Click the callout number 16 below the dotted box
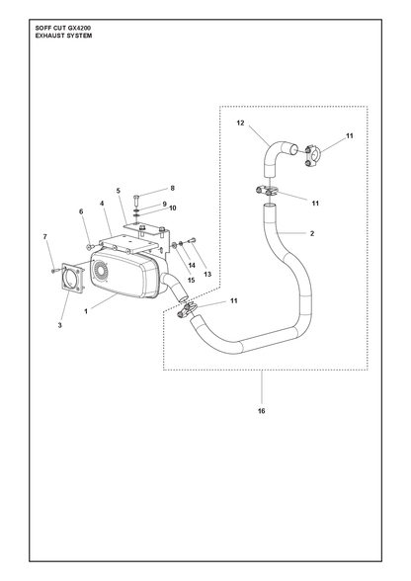[261, 411]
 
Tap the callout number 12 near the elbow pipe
[240, 123]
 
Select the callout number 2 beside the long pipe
[312, 233]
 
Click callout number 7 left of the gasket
[45, 236]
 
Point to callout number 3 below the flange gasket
[59, 325]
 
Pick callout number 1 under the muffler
[86, 311]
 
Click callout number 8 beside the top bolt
[172, 188]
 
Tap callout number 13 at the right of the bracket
[207, 274]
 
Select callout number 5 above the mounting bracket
[119, 191]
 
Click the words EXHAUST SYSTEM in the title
[63, 36]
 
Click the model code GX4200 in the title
[80, 28]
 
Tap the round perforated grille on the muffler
[101, 272]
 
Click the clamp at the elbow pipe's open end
[312, 156]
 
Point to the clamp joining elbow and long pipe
[267, 192]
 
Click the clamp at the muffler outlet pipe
[187, 309]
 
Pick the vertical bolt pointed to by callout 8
[135, 201]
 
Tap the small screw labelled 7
[54, 271]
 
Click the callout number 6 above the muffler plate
[81, 211]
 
